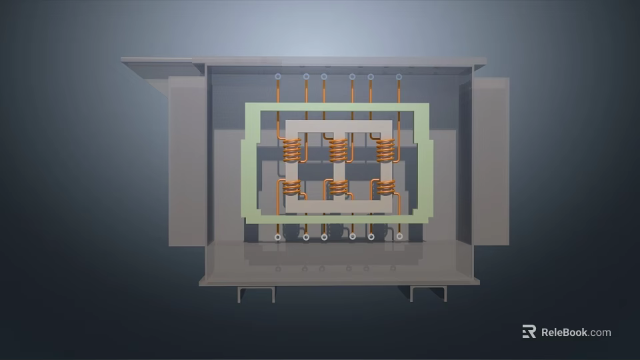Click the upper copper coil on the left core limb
291,151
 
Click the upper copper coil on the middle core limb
338,151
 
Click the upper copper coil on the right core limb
385,151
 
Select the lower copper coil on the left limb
291,187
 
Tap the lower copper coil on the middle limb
338,187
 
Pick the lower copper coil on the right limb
385,187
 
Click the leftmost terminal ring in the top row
277,77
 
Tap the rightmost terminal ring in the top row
399,77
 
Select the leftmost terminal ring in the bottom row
277,237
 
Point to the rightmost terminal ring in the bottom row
399,236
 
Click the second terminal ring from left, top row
306,77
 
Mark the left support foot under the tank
256,293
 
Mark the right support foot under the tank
428,293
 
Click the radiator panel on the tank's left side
186,160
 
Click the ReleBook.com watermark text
575,332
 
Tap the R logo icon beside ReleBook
529,331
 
